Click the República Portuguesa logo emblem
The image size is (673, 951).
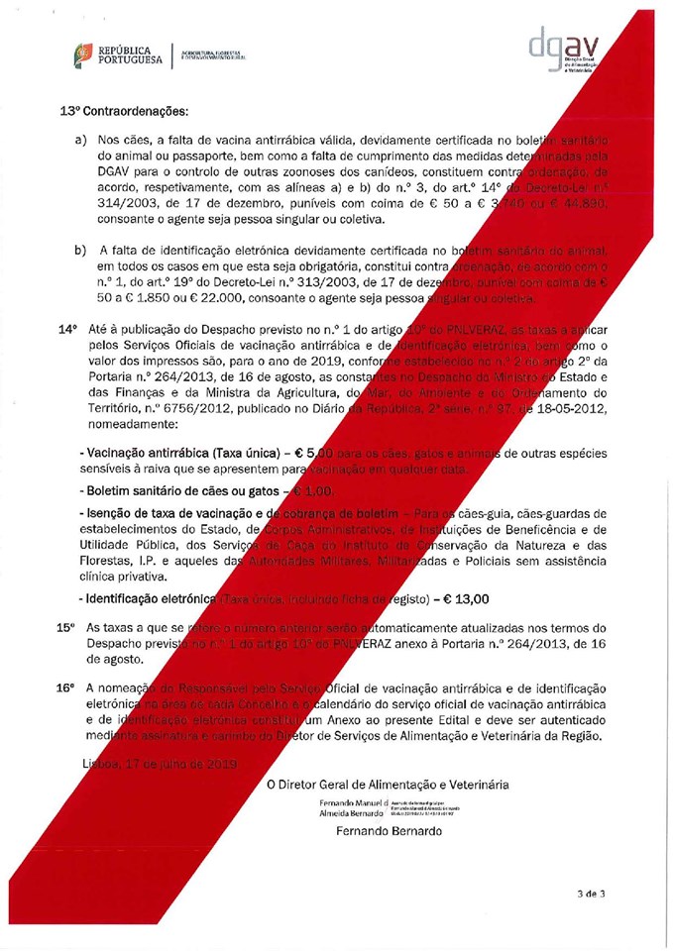pyautogui.click(x=85, y=56)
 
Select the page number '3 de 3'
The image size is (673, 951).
pyautogui.click(x=591, y=893)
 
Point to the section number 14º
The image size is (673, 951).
pyautogui.click(x=66, y=327)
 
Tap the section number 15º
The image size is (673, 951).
pyautogui.click(x=66, y=628)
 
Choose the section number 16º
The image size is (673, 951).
pyautogui.click(x=66, y=687)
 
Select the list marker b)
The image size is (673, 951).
pyautogui.click(x=83, y=249)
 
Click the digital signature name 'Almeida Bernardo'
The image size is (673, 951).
pyautogui.click(x=353, y=811)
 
